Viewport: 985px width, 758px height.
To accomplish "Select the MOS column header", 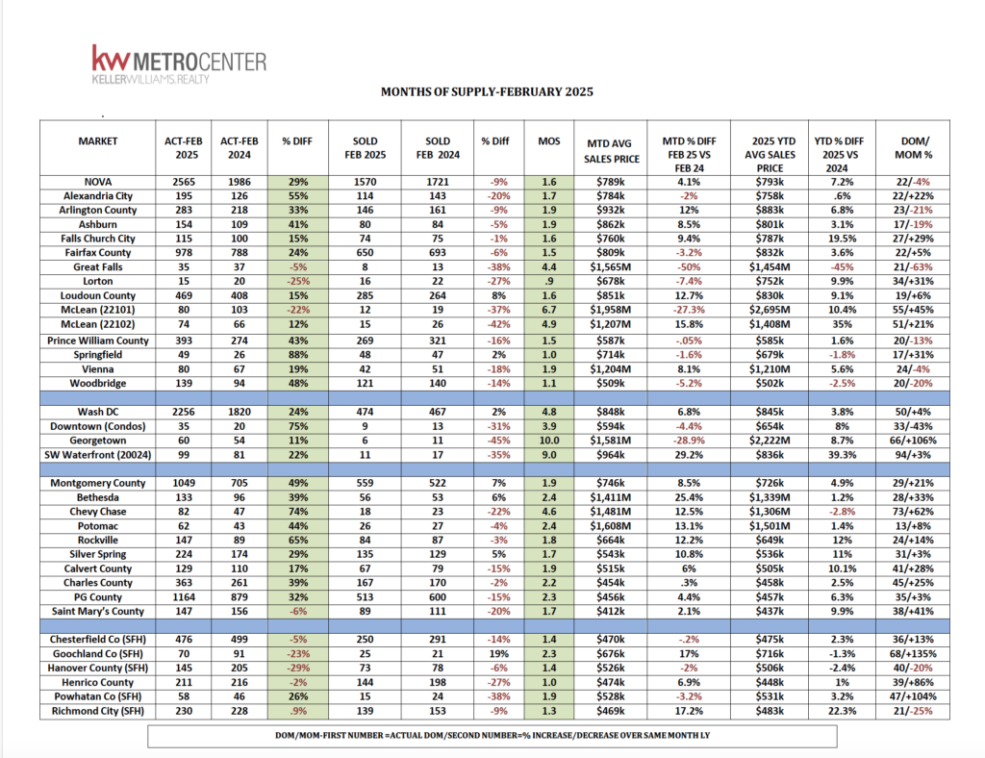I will coord(548,140).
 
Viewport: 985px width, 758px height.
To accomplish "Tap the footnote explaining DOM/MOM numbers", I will coord(492,736).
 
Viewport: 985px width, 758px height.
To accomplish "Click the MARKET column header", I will coord(97,140).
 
